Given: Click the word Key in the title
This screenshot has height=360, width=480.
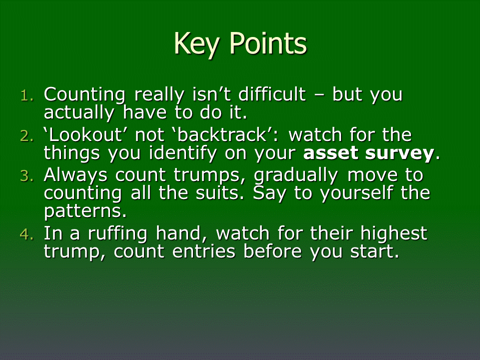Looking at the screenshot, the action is point(196,44).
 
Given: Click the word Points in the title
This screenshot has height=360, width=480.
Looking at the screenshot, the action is point(268,43).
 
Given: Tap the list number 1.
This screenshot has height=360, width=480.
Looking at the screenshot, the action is point(27,96).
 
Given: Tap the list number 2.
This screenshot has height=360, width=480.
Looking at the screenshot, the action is point(26,136).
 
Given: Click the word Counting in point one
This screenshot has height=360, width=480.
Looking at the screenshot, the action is point(84,95).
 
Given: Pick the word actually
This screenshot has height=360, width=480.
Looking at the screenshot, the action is point(79,113).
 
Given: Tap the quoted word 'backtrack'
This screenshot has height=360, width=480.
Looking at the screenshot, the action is point(221,134).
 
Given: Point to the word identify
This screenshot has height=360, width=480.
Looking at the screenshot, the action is point(182,153).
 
